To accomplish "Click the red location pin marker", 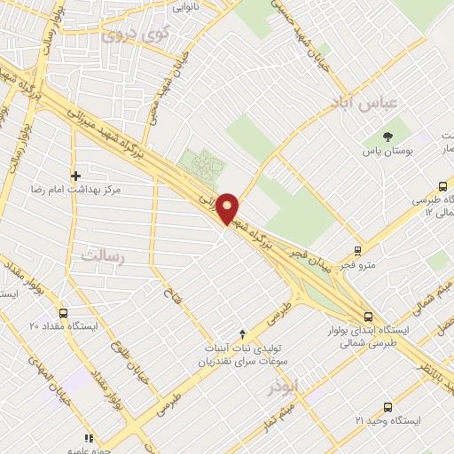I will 228,207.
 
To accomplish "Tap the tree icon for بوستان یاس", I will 387,137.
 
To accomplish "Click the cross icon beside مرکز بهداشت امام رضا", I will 76,176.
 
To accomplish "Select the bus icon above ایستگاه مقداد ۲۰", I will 63,313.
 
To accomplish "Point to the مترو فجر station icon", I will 358,251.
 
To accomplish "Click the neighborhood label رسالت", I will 100,254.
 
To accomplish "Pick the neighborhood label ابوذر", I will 284,387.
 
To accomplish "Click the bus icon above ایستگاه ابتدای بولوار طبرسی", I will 369,317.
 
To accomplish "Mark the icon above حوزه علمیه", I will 89,437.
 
